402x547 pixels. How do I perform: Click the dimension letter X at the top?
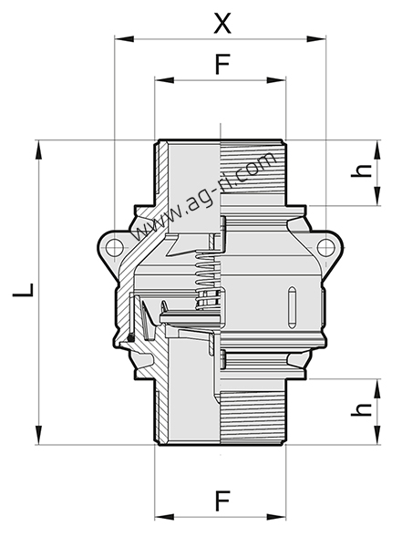pos(222,24)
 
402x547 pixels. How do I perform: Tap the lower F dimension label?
pos(222,501)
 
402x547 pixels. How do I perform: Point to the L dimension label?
pos(24,290)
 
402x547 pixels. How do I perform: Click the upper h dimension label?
pos(362,170)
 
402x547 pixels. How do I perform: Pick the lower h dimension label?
pos(362,409)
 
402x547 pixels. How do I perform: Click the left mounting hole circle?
pos(114,247)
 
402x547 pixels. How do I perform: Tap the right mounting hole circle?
pos(325,247)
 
